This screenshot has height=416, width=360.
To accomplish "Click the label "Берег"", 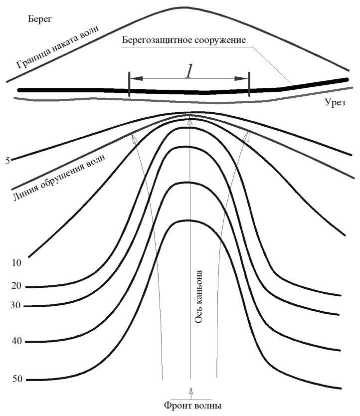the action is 40,19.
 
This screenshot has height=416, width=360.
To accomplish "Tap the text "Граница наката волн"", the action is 57,47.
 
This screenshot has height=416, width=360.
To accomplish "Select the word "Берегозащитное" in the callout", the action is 158,40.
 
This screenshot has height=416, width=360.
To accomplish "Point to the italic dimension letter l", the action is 188,71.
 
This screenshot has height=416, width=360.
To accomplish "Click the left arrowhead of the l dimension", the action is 137,78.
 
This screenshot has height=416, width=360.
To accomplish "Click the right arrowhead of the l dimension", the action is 241,78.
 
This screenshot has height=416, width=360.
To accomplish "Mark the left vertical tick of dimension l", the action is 129,84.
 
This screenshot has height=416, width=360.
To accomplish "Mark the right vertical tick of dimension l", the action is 249,84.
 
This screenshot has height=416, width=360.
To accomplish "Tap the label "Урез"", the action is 335,102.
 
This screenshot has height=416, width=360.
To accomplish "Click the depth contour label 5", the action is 7,161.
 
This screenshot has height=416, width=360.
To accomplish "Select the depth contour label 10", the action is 16,263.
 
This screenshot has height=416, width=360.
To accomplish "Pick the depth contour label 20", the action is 16,286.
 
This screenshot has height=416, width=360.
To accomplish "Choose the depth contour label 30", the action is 15,305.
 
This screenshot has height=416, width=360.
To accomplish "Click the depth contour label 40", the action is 17,341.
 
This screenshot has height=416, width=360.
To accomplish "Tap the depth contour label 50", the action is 17,379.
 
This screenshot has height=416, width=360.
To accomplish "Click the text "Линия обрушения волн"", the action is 59,177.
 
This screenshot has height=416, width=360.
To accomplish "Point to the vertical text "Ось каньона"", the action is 198,297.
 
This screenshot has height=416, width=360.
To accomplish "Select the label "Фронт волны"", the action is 192,406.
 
